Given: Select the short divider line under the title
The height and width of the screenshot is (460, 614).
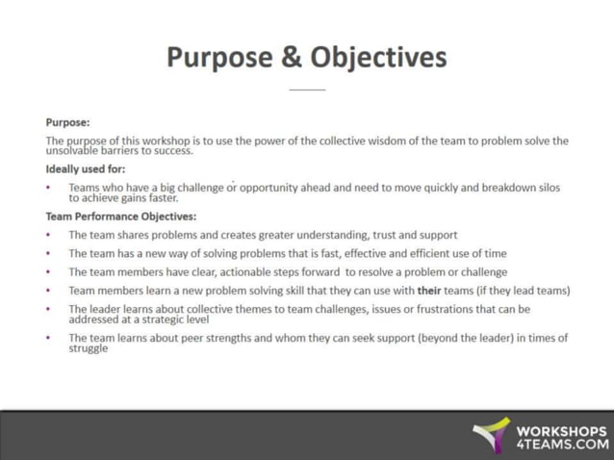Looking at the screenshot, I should (307, 89).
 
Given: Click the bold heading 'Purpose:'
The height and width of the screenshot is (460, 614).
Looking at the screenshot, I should (67, 122).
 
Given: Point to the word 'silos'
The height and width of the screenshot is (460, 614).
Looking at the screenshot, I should (545, 188).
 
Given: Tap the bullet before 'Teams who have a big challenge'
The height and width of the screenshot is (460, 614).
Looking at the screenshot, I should (49, 188).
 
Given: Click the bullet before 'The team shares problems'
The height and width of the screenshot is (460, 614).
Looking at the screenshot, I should (49, 235).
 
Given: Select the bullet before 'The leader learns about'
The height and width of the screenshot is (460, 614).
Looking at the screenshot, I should (49, 309).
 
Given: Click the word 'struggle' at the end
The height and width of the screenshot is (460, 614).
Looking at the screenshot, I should (89, 348).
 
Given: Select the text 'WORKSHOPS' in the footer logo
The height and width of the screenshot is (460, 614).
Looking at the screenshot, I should (562, 430).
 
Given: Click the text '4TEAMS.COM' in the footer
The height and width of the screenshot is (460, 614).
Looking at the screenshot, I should (562, 445).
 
